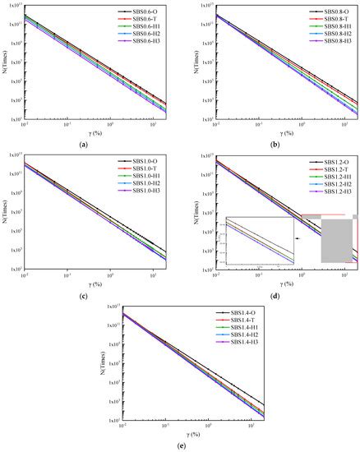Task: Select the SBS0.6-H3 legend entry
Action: (x=146, y=39)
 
